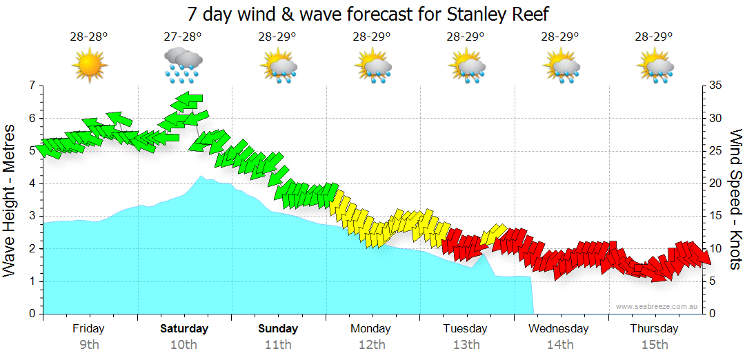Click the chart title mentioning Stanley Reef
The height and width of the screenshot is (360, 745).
[x=372, y=14]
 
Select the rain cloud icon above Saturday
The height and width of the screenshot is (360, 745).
[x=183, y=63]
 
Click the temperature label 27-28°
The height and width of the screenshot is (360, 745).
[x=183, y=37]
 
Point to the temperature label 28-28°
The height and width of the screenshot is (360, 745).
[x=89, y=37]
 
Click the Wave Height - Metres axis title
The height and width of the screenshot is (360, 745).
[x=10, y=200]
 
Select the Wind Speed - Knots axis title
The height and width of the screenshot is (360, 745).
[x=735, y=200]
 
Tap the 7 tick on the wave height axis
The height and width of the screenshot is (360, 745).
[x=32, y=86]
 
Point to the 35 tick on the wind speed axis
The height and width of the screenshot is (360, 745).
[x=715, y=86]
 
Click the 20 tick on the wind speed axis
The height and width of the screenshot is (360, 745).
[x=715, y=183]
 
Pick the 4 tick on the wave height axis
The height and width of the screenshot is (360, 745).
[x=32, y=183]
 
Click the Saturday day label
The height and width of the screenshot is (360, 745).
[x=184, y=328]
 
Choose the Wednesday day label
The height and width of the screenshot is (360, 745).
[x=559, y=328]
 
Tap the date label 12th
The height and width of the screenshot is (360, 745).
[x=371, y=345]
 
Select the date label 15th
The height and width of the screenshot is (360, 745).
[x=654, y=345]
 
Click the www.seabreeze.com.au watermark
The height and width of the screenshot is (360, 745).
[x=657, y=306]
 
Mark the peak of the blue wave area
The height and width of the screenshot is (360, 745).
[x=201, y=177]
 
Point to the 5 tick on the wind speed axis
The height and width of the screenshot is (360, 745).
[x=713, y=281]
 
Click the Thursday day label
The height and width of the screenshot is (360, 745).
[x=654, y=328]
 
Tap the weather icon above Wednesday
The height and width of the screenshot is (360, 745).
[x=561, y=67]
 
